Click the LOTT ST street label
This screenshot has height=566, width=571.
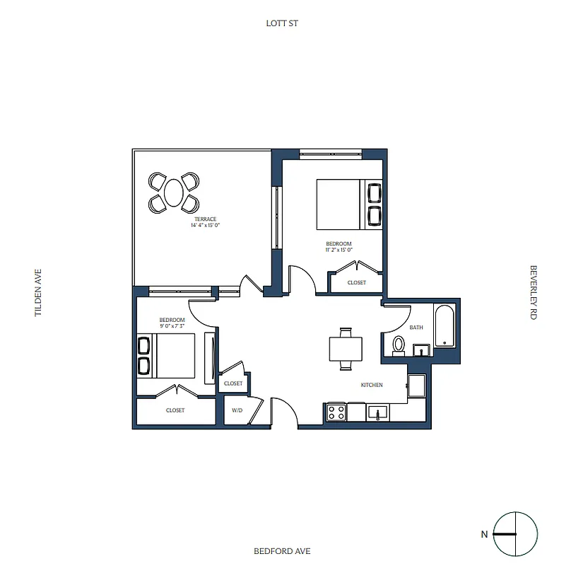282,23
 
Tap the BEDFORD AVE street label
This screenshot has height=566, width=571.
282,551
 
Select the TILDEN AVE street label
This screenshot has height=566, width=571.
39,291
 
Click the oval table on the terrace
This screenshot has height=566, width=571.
173,192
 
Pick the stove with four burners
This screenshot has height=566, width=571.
336,412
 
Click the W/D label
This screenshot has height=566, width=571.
237,410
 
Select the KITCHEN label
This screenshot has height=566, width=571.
372,385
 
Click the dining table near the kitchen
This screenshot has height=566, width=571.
346,349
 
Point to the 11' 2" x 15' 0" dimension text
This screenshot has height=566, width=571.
339,249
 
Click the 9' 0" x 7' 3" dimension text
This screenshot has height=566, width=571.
172,327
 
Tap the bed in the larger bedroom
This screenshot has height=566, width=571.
339,204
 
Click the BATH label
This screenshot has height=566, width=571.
416,328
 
